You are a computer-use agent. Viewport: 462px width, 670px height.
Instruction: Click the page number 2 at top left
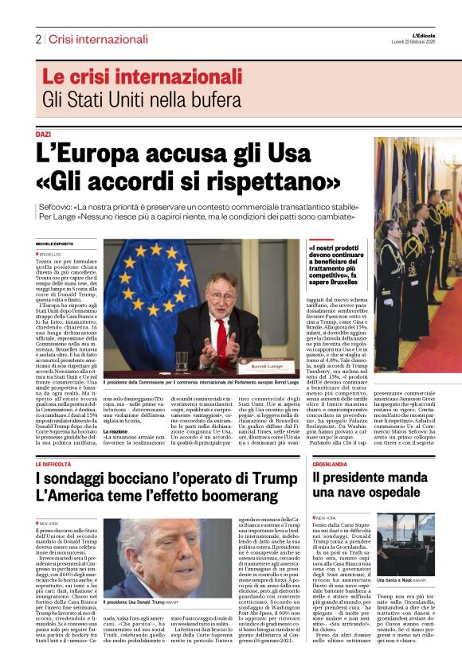coord(38,39)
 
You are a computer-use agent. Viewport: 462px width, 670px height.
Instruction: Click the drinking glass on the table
coord(182,361)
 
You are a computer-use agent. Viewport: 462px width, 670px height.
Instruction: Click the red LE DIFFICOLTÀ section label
coord(53,463)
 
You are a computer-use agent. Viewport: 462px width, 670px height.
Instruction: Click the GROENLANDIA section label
coord(330,463)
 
